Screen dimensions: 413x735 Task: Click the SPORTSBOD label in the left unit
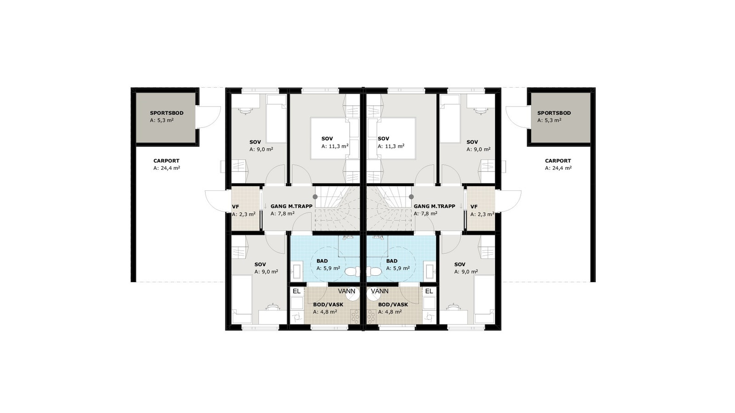point(166,113)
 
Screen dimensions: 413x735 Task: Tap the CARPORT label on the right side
point(558,161)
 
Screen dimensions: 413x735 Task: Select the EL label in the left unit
point(296,291)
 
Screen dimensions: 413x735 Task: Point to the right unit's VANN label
point(380,291)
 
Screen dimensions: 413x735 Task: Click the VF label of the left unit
point(235,207)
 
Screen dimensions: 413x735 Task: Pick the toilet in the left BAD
point(352,272)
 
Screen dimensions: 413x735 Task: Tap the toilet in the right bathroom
point(374,272)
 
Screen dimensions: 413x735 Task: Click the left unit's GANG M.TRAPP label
point(291,206)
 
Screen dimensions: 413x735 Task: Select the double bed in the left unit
point(329,138)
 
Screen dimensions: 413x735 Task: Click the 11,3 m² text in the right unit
point(391,146)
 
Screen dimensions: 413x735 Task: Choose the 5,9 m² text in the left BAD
point(328,268)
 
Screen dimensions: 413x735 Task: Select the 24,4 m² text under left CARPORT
point(166,168)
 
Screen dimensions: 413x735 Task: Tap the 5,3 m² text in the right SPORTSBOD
point(549,120)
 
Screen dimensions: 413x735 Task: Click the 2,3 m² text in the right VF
point(482,214)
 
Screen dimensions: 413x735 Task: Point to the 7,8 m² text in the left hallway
point(283,213)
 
